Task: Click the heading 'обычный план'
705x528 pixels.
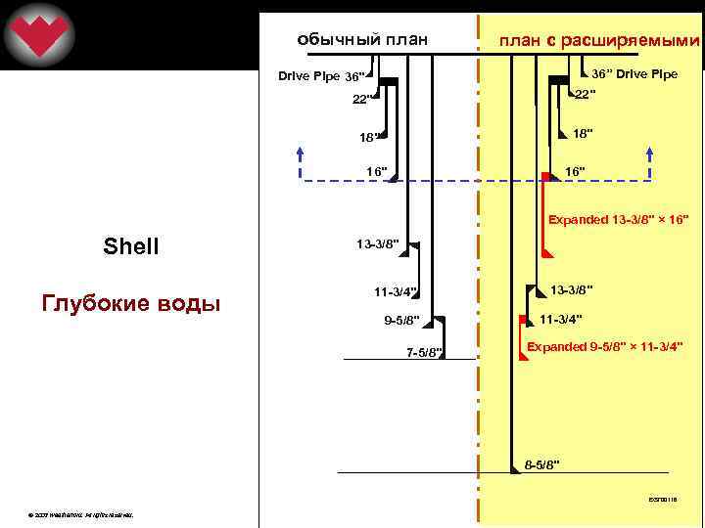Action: (x=362, y=40)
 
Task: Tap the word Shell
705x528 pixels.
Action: (x=130, y=246)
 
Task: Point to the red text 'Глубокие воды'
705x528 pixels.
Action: (x=130, y=303)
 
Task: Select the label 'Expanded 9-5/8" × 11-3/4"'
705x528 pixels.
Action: (x=605, y=346)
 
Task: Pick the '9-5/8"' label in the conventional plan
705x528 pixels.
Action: (x=400, y=320)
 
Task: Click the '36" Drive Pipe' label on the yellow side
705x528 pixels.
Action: (x=634, y=74)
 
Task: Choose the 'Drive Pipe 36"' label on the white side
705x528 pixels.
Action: (x=320, y=76)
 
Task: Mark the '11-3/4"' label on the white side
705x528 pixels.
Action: (x=396, y=291)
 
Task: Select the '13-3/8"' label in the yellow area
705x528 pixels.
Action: (x=571, y=288)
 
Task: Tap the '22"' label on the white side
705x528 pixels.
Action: (x=364, y=99)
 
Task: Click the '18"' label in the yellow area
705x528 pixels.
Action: (x=583, y=132)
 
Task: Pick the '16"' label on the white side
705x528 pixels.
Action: (x=377, y=172)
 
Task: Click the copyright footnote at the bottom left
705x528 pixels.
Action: (x=82, y=513)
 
